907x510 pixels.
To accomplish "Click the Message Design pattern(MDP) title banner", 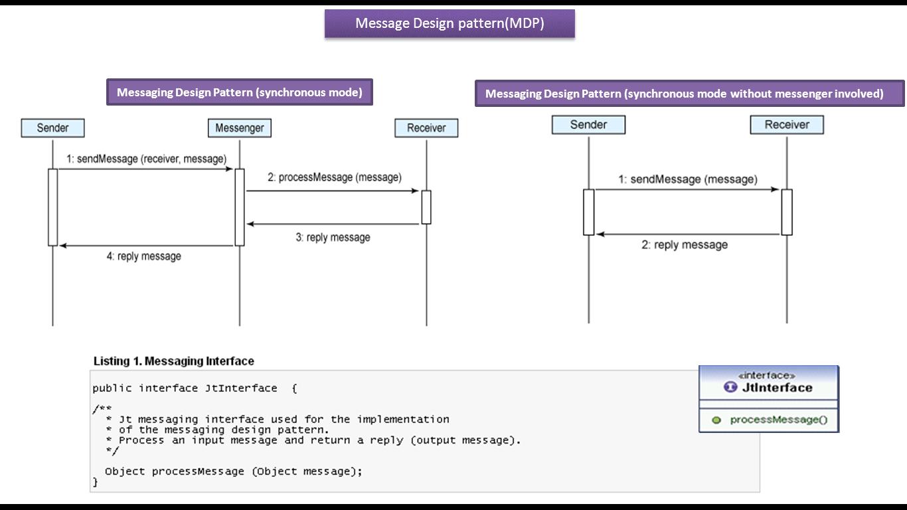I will click(450, 23).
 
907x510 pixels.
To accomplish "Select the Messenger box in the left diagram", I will click(240, 128).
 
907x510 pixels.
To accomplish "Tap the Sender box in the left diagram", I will click(52, 128).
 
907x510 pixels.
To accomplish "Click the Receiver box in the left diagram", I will click(426, 128).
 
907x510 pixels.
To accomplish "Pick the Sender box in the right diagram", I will click(588, 125).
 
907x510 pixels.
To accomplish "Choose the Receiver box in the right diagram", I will click(787, 125).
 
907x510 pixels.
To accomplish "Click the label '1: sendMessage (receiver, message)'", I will click(146, 159).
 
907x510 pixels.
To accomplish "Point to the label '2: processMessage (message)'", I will click(335, 177).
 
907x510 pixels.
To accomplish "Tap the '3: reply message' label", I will click(333, 237).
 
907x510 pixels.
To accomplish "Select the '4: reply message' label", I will click(144, 256).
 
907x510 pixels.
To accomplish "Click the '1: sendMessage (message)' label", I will click(687, 179).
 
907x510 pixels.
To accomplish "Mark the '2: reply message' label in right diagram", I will click(684, 245).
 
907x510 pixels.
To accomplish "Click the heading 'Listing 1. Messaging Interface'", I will click(173, 361).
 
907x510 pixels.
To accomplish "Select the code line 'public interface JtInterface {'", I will click(195, 388).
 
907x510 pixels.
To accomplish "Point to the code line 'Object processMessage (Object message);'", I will click(234, 471).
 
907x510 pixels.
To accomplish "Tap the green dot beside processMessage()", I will click(716, 420).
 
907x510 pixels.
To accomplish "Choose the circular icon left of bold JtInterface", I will click(730, 387).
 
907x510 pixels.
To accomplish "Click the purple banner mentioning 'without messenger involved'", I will click(689, 94).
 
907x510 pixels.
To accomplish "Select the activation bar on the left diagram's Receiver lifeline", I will click(426, 207).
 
